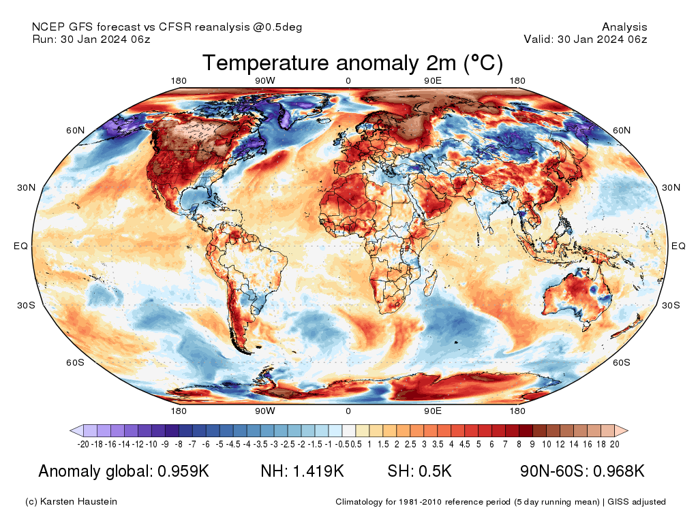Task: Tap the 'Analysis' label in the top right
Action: tap(624, 27)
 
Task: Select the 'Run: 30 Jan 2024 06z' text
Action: tap(91, 39)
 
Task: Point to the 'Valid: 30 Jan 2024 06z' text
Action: tap(585, 39)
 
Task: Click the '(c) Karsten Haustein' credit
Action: tap(71, 502)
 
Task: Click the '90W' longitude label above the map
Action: tap(265, 81)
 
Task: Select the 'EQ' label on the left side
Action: tap(20, 246)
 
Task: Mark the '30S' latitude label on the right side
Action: tap(671, 305)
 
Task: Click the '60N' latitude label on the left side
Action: tap(75, 130)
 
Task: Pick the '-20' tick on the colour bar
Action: tap(84, 444)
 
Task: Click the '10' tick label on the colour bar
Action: tap(546, 444)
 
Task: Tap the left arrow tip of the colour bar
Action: tap(72, 430)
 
